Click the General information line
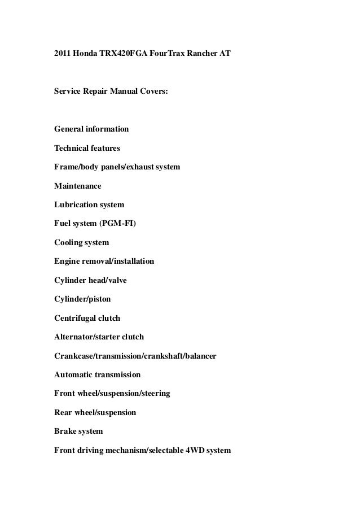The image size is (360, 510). pyautogui.click(x=91, y=129)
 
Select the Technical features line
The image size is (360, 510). pyautogui.click(x=87, y=148)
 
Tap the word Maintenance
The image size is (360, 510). pyautogui.click(x=78, y=185)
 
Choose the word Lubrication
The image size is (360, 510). pyautogui.click(x=75, y=204)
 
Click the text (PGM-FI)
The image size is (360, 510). pyautogui.click(x=117, y=223)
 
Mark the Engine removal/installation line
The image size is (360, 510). pyautogui.click(x=104, y=261)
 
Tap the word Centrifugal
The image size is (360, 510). pyautogui.click(x=76, y=318)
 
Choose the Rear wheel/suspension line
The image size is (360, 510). pyautogui.click(x=95, y=412)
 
